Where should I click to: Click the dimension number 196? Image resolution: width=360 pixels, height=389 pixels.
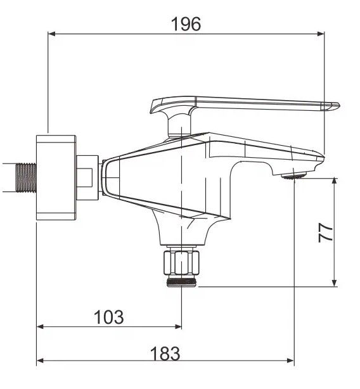pyautogui.click(x=186, y=24)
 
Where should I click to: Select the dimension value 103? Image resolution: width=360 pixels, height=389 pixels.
pyautogui.click(x=108, y=317)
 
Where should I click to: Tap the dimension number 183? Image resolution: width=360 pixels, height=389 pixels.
pyautogui.click(x=165, y=354)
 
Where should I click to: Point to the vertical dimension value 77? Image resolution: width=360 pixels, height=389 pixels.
pyautogui.click(x=325, y=233)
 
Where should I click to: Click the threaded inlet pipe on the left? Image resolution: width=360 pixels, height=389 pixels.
pyautogui.click(x=26, y=177)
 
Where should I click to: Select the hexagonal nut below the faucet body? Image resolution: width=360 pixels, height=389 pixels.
pyautogui.click(x=181, y=263)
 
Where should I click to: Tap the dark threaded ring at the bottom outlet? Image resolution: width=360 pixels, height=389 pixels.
pyautogui.click(x=181, y=283)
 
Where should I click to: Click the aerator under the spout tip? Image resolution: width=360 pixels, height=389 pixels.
pyautogui.click(x=294, y=176)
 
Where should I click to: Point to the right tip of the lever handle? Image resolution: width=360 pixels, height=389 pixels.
pyautogui.click(x=340, y=105)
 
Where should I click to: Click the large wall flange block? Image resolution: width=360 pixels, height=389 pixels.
pyautogui.click(x=56, y=177)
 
